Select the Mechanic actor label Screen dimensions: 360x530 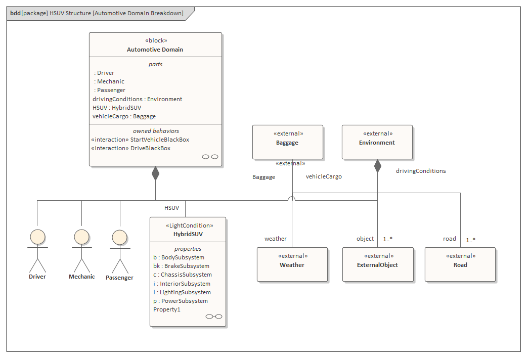click(82, 277)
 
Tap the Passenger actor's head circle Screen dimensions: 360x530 click(119, 238)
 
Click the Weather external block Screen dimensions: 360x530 click(292, 264)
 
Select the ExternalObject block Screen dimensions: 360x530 click(377, 264)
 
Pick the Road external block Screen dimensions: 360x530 click(460, 264)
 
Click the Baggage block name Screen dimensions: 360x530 click(287, 143)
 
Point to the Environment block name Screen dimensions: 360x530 click(377, 143)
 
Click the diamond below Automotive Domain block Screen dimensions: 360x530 click(155, 173)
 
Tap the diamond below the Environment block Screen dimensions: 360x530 click(377, 166)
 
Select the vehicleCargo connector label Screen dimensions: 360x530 click(324, 176)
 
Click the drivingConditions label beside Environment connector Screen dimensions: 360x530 click(421, 171)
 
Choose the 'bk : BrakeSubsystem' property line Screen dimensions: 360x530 click(181, 266)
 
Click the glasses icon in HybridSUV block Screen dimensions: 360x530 click(214, 317)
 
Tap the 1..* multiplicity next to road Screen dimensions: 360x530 click(470, 240)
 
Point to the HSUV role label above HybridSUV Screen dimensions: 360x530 click(171, 208)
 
